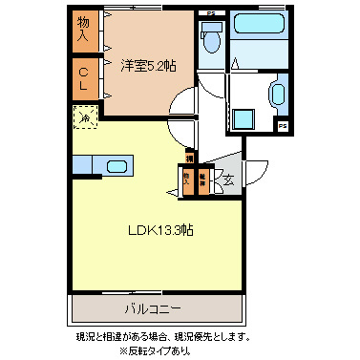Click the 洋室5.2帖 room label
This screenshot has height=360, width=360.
coord(148,66)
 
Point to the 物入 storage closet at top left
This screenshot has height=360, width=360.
coord(83,31)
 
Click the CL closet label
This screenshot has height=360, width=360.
coord(84,78)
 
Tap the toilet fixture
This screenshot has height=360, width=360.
coord(211,39)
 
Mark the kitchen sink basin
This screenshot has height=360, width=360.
coord(118,167)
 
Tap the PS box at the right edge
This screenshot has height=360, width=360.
coord(283,125)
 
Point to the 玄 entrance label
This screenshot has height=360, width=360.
coord(229,178)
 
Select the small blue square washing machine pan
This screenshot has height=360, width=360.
coord(244,119)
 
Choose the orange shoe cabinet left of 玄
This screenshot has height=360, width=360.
coord(202,180)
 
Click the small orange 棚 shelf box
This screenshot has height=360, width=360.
coord(189,158)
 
